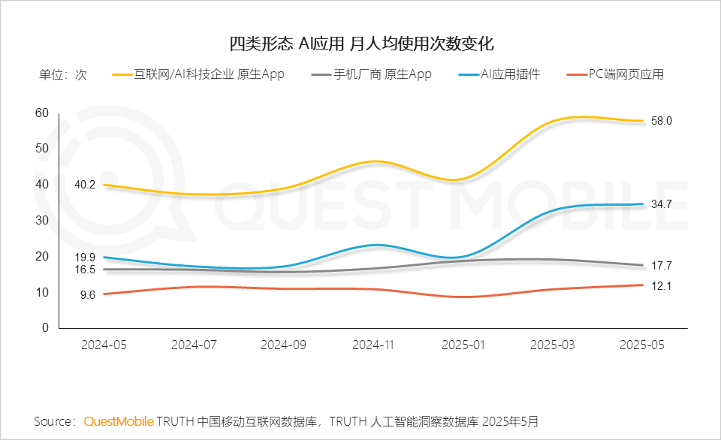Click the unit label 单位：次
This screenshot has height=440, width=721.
(63, 74)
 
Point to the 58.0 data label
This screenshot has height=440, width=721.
(661, 121)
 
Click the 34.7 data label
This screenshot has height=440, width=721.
(661, 203)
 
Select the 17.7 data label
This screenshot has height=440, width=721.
(661, 265)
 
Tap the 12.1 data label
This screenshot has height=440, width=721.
(661, 285)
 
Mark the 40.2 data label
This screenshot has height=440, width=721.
(84, 184)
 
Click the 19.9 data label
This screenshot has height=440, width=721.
(84, 257)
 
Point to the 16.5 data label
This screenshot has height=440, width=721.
(84, 270)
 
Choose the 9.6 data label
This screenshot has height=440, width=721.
(87, 295)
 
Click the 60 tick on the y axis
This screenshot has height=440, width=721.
(42, 113)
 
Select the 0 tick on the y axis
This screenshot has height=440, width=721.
(45, 328)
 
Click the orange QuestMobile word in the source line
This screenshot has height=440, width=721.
(119, 421)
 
